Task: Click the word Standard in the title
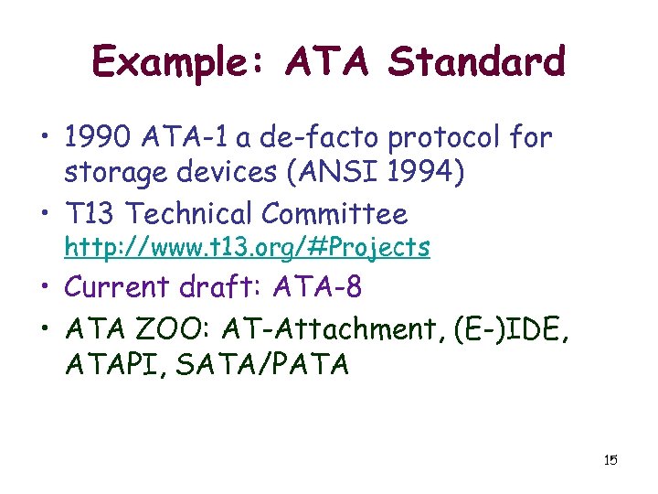click(477, 62)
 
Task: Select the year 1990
click(100, 138)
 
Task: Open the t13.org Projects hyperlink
click(247, 247)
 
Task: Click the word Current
click(116, 287)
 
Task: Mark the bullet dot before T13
click(49, 214)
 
